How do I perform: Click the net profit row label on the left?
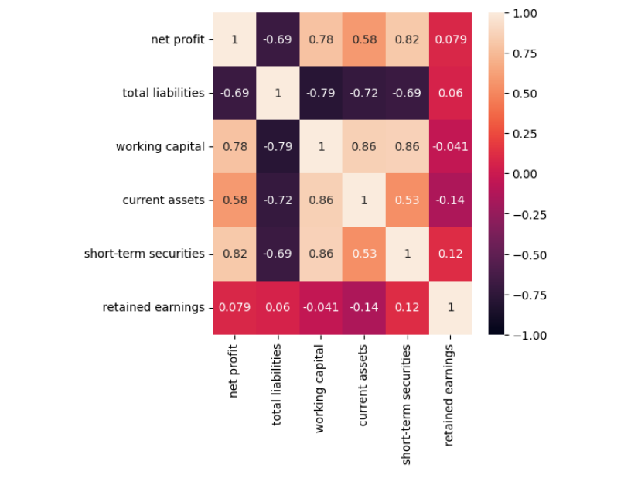tap(177, 39)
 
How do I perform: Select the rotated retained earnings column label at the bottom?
tap(449, 395)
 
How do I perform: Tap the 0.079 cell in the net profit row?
tap(449, 39)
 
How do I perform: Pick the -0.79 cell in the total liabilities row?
tap(320, 93)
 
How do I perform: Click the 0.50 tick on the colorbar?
tap(526, 94)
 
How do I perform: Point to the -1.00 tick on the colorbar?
tap(526, 335)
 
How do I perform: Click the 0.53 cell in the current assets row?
tap(407, 200)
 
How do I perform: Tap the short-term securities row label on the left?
tap(145, 254)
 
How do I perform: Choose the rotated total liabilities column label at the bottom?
tap(278, 395)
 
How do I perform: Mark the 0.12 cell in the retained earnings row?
tap(407, 307)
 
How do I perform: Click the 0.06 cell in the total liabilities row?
tap(449, 93)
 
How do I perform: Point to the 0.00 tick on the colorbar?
tap(526, 174)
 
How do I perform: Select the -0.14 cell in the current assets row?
tap(449, 200)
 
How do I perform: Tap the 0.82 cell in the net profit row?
tap(407, 39)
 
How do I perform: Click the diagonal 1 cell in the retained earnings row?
tap(449, 307)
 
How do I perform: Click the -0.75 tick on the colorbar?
tap(526, 295)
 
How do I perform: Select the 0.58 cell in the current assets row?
tap(234, 200)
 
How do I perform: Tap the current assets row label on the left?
tap(163, 200)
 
